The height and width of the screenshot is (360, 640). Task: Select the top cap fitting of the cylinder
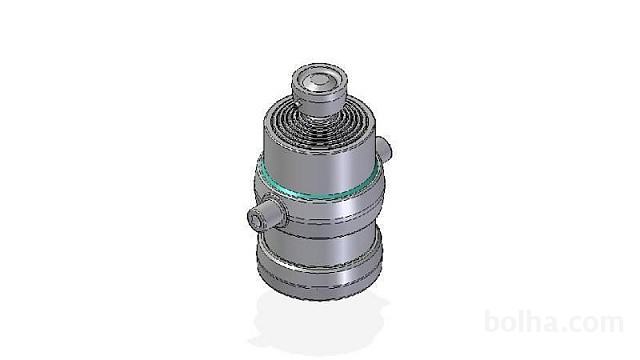point(319,87)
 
